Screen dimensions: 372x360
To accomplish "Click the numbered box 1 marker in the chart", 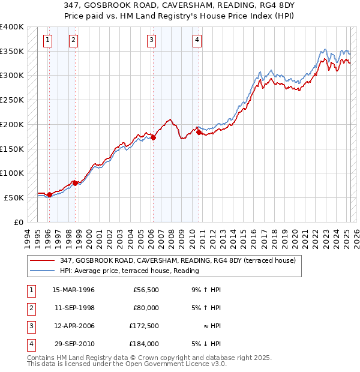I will click(47, 40).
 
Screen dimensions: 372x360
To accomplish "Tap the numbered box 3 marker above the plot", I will click(152, 40).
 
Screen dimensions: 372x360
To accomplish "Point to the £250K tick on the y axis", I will click(13, 100).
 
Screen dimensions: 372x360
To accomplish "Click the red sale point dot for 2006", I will click(153, 137).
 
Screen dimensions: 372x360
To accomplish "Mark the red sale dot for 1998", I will click(75, 182).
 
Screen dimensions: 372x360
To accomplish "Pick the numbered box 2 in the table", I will click(29, 308).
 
